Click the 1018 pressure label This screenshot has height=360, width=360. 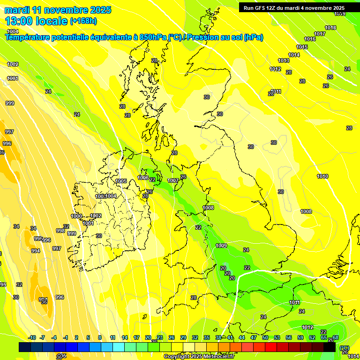330,28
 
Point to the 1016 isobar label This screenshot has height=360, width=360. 310,39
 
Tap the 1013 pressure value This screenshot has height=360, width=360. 284,60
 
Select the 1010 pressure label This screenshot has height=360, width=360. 322,176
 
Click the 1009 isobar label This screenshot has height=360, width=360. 221,246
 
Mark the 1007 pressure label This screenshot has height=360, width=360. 173,180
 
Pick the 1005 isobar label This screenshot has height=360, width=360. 121,181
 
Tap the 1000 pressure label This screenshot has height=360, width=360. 76,216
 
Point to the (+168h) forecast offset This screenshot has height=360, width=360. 83,21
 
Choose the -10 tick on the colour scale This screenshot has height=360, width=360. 32,337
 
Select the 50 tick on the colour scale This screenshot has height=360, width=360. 265,337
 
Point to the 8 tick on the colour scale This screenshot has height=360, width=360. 100,337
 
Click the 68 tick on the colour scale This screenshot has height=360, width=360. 336,337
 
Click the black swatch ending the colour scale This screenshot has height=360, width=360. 330,347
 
